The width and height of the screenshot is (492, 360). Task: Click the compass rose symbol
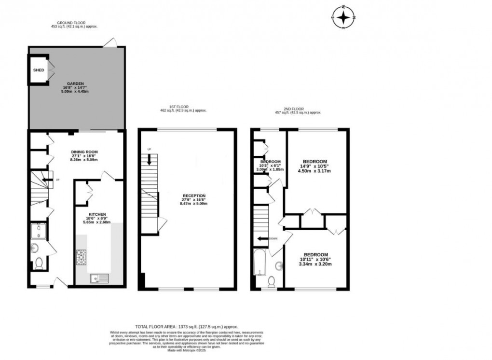(x=343, y=18)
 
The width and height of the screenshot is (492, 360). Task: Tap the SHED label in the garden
(x=39, y=70)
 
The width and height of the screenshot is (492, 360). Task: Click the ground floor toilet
(x=39, y=263)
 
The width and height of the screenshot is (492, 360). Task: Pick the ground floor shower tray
(x=38, y=232)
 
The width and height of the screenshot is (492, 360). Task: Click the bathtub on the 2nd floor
(x=259, y=263)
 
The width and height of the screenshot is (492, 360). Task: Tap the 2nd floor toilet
(x=272, y=281)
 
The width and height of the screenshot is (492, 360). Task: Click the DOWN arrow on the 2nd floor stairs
(x=263, y=238)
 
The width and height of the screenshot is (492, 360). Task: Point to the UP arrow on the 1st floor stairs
(x=149, y=159)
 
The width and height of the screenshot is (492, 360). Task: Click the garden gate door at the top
(x=110, y=43)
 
